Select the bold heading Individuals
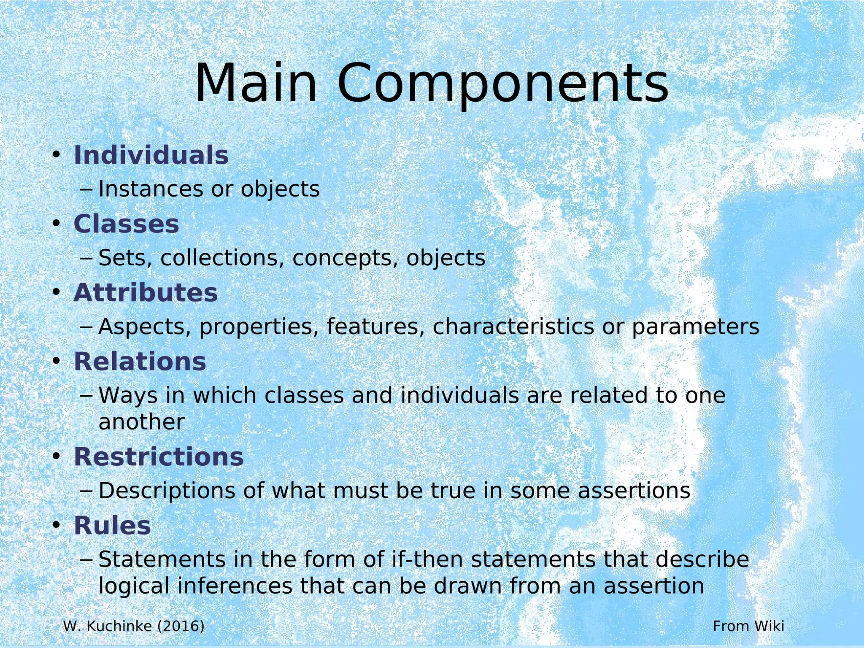coord(151,155)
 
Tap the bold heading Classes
coord(126,224)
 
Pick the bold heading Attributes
coord(146,293)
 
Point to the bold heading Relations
coord(140,362)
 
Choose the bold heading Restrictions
coord(159,457)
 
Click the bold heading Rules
coord(112,526)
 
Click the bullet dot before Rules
coord(57,526)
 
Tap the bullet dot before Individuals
coord(57,155)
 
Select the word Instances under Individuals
coord(151,189)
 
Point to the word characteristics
coord(513,327)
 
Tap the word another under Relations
coord(141,422)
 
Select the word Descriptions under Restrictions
coord(167,491)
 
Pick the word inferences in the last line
coord(235,586)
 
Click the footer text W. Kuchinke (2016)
coord(134,626)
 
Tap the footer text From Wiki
coord(748,626)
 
